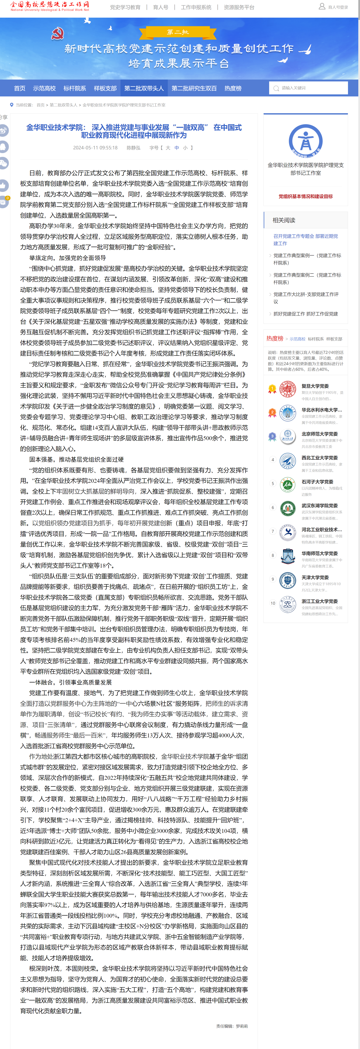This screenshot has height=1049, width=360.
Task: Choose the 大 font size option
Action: [x=168, y=148]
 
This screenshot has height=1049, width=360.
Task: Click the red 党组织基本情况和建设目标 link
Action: [x=305, y=196]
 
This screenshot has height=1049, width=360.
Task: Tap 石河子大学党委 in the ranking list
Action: [x=317, y=482]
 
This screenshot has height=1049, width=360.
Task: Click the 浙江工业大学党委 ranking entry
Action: [x=319, y=601]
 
